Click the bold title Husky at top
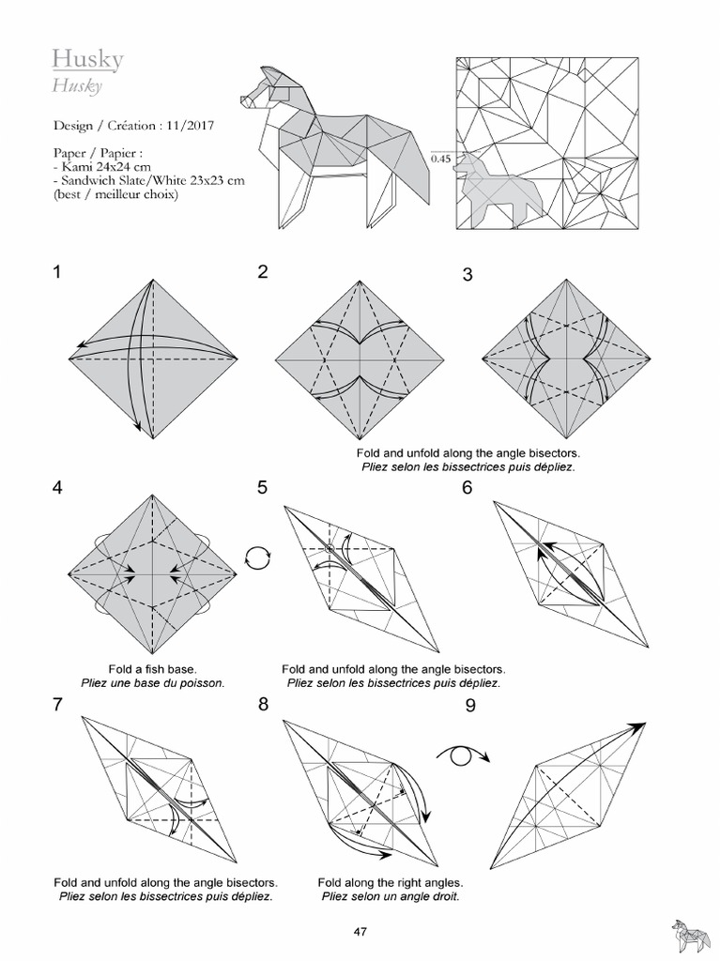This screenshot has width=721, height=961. coord(87,61)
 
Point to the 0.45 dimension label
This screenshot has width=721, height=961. coord(440,159)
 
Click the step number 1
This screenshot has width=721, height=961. coord(58,273)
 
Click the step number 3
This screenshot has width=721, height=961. coord(468,275)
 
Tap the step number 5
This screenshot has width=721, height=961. coord(263,487)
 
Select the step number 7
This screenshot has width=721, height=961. coord(58,705)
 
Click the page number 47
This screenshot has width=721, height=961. coord(360,932)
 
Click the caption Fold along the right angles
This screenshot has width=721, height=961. coord(390,883)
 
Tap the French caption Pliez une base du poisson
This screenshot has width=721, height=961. coord(152,683)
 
